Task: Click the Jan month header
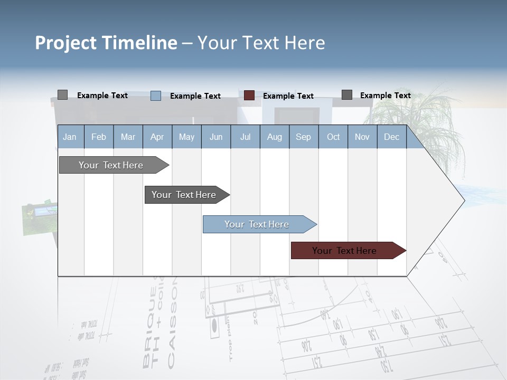coord(70,137)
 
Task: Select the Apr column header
coord(157,137)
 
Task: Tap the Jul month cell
coord(245,137)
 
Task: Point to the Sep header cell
coord(303,137)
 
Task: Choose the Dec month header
coord(391,137)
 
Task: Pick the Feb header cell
coord(99,137)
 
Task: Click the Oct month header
coord(333,137)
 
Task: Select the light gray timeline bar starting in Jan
coord(111,165)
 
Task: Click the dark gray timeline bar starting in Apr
coord(184,195)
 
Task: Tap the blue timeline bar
coord(257,224)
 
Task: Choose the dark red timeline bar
coord(345,251)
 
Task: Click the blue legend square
coord(156,96)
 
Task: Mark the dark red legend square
coord(249,96)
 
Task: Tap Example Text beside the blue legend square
coord(195,96)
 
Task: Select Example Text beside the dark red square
coord(288,96)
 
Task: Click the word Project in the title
coord(66,43)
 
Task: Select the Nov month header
coord(362,137)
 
